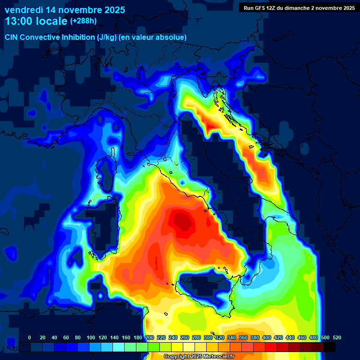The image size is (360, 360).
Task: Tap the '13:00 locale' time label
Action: click(37, 21)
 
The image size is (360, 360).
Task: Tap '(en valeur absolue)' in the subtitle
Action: click(153, 37)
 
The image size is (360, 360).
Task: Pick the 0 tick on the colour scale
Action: click(30, 337)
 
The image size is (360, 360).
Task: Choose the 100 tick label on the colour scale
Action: click(90, 337)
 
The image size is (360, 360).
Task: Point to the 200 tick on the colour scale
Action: click(150, 337)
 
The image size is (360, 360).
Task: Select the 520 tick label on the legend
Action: click(336, 337)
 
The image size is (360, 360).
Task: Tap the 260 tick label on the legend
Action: click(184, 337)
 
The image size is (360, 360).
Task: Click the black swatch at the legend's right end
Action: click(329, 347)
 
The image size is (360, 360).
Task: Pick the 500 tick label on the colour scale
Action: click(324, 337)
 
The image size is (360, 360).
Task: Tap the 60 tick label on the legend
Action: click(66, 337)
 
